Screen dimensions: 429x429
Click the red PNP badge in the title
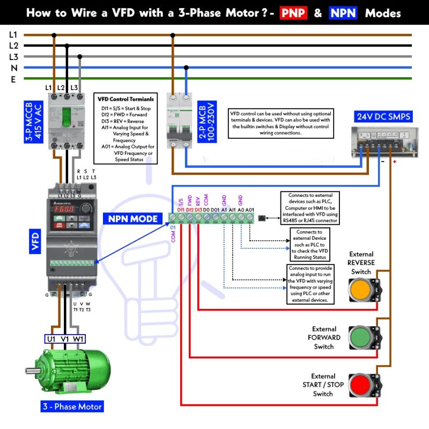click(x=293, y=12)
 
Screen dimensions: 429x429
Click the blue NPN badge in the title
click(x=343, y=12)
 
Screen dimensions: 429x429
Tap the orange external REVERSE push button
click(x=361, y=290)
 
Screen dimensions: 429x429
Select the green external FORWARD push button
click(x=360, y=338)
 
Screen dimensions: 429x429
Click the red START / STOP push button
click(x=360, y=385)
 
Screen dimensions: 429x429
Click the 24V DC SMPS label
click(x=384, y=116)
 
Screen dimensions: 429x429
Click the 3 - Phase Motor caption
click(x=72, y=406)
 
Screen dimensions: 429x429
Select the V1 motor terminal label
click(x=65, y=339)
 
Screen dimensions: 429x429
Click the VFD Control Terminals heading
click(x=125, y=99)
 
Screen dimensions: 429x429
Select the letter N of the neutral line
click(x=14, y=68)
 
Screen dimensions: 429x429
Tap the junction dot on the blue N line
click(x=186, y=68)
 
